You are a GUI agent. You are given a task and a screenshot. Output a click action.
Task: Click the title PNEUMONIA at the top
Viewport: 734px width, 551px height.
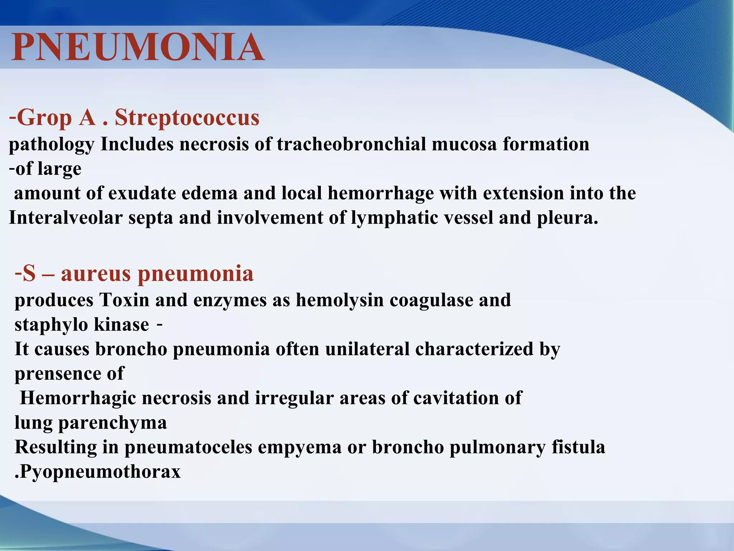coord(138,47)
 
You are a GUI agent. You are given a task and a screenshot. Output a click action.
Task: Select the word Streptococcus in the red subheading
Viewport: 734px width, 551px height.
coord(187,117)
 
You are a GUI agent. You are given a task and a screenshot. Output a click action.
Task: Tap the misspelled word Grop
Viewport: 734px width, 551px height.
coord(44,117)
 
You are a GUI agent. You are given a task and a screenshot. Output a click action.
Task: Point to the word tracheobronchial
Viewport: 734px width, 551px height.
coord(351,144)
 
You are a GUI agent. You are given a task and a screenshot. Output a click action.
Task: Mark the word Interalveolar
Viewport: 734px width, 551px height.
coord(66,217)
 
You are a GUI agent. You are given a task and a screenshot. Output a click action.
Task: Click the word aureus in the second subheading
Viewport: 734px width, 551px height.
coord(96,273)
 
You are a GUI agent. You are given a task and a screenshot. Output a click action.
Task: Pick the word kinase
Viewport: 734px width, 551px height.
coord(121,324)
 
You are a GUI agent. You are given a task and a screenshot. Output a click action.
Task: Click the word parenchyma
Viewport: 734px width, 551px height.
coord(113,423)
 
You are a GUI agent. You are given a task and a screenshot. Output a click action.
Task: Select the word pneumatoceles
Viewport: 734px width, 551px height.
coord(188,447)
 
